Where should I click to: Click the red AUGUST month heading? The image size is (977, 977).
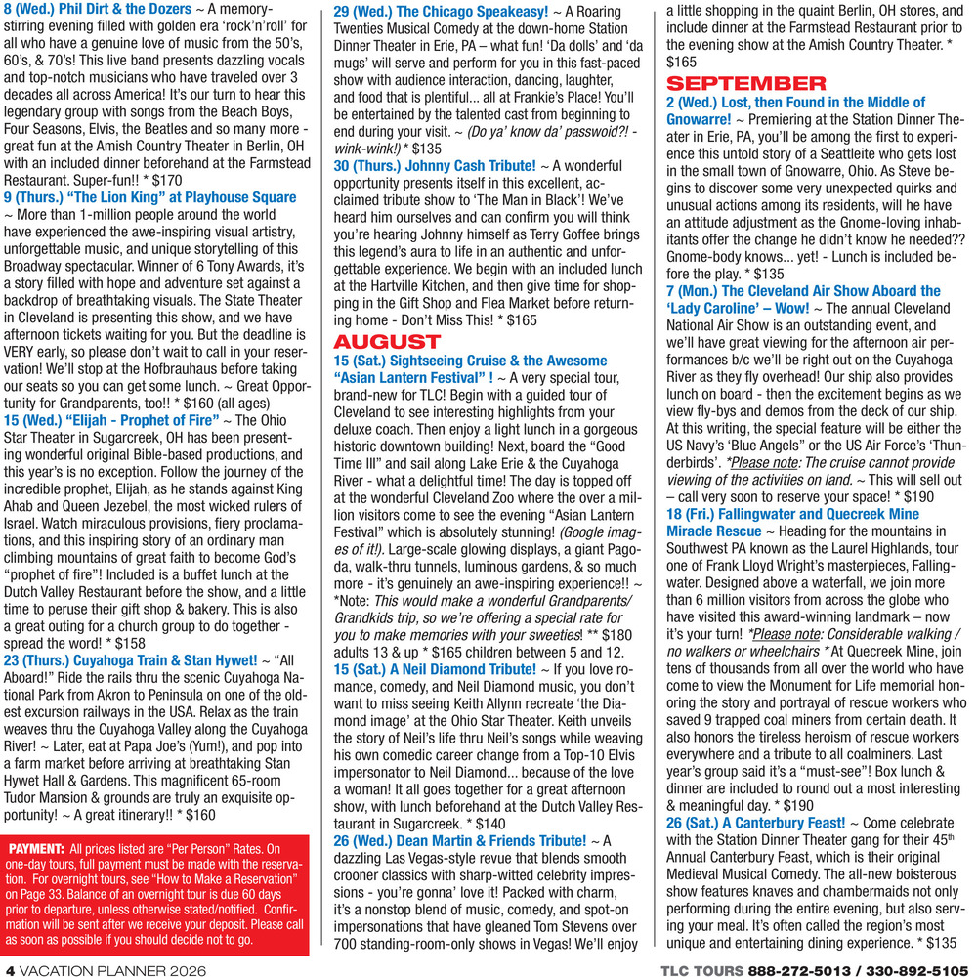tap(387, 342)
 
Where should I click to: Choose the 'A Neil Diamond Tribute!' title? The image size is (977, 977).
tap(460, 668)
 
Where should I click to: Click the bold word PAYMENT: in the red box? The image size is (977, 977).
tap(35, 850)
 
